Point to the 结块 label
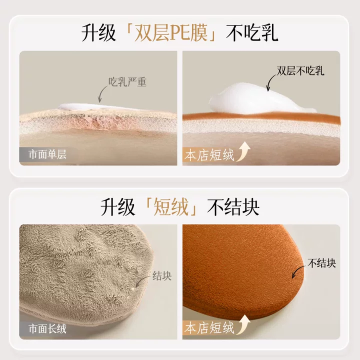point(161,276)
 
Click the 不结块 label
point(322,263)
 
